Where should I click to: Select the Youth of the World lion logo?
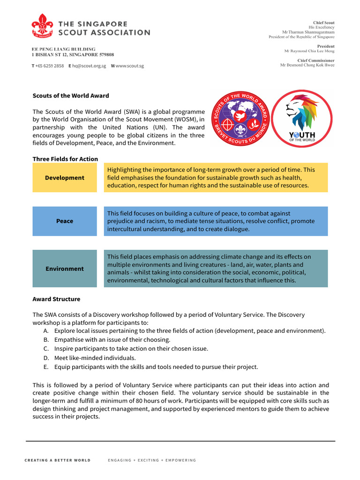click(x=302, y=119)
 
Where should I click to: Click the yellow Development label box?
click(x=65, y=178)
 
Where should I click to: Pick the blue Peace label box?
click(x=65, y=221)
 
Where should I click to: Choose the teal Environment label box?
click(x=65, y=269)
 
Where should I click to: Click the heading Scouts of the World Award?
click(x=70, y=96)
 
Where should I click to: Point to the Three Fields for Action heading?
click(x=65, y=159)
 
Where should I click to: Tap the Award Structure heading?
click(x=56, y=299)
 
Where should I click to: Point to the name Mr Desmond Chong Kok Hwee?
click(x=307, y=65)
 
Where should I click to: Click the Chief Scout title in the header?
click(x=323, y=22)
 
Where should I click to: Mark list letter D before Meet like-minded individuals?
click(x=45, y=358)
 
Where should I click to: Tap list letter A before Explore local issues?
click(x=45, y=330)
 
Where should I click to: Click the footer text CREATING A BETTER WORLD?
click(x=57, y=460)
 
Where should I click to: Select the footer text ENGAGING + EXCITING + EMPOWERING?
click(x=152, y=460)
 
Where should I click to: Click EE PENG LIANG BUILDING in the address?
click(x=63, y=49)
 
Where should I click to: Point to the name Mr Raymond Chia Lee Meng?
click(x=309, y=51)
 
